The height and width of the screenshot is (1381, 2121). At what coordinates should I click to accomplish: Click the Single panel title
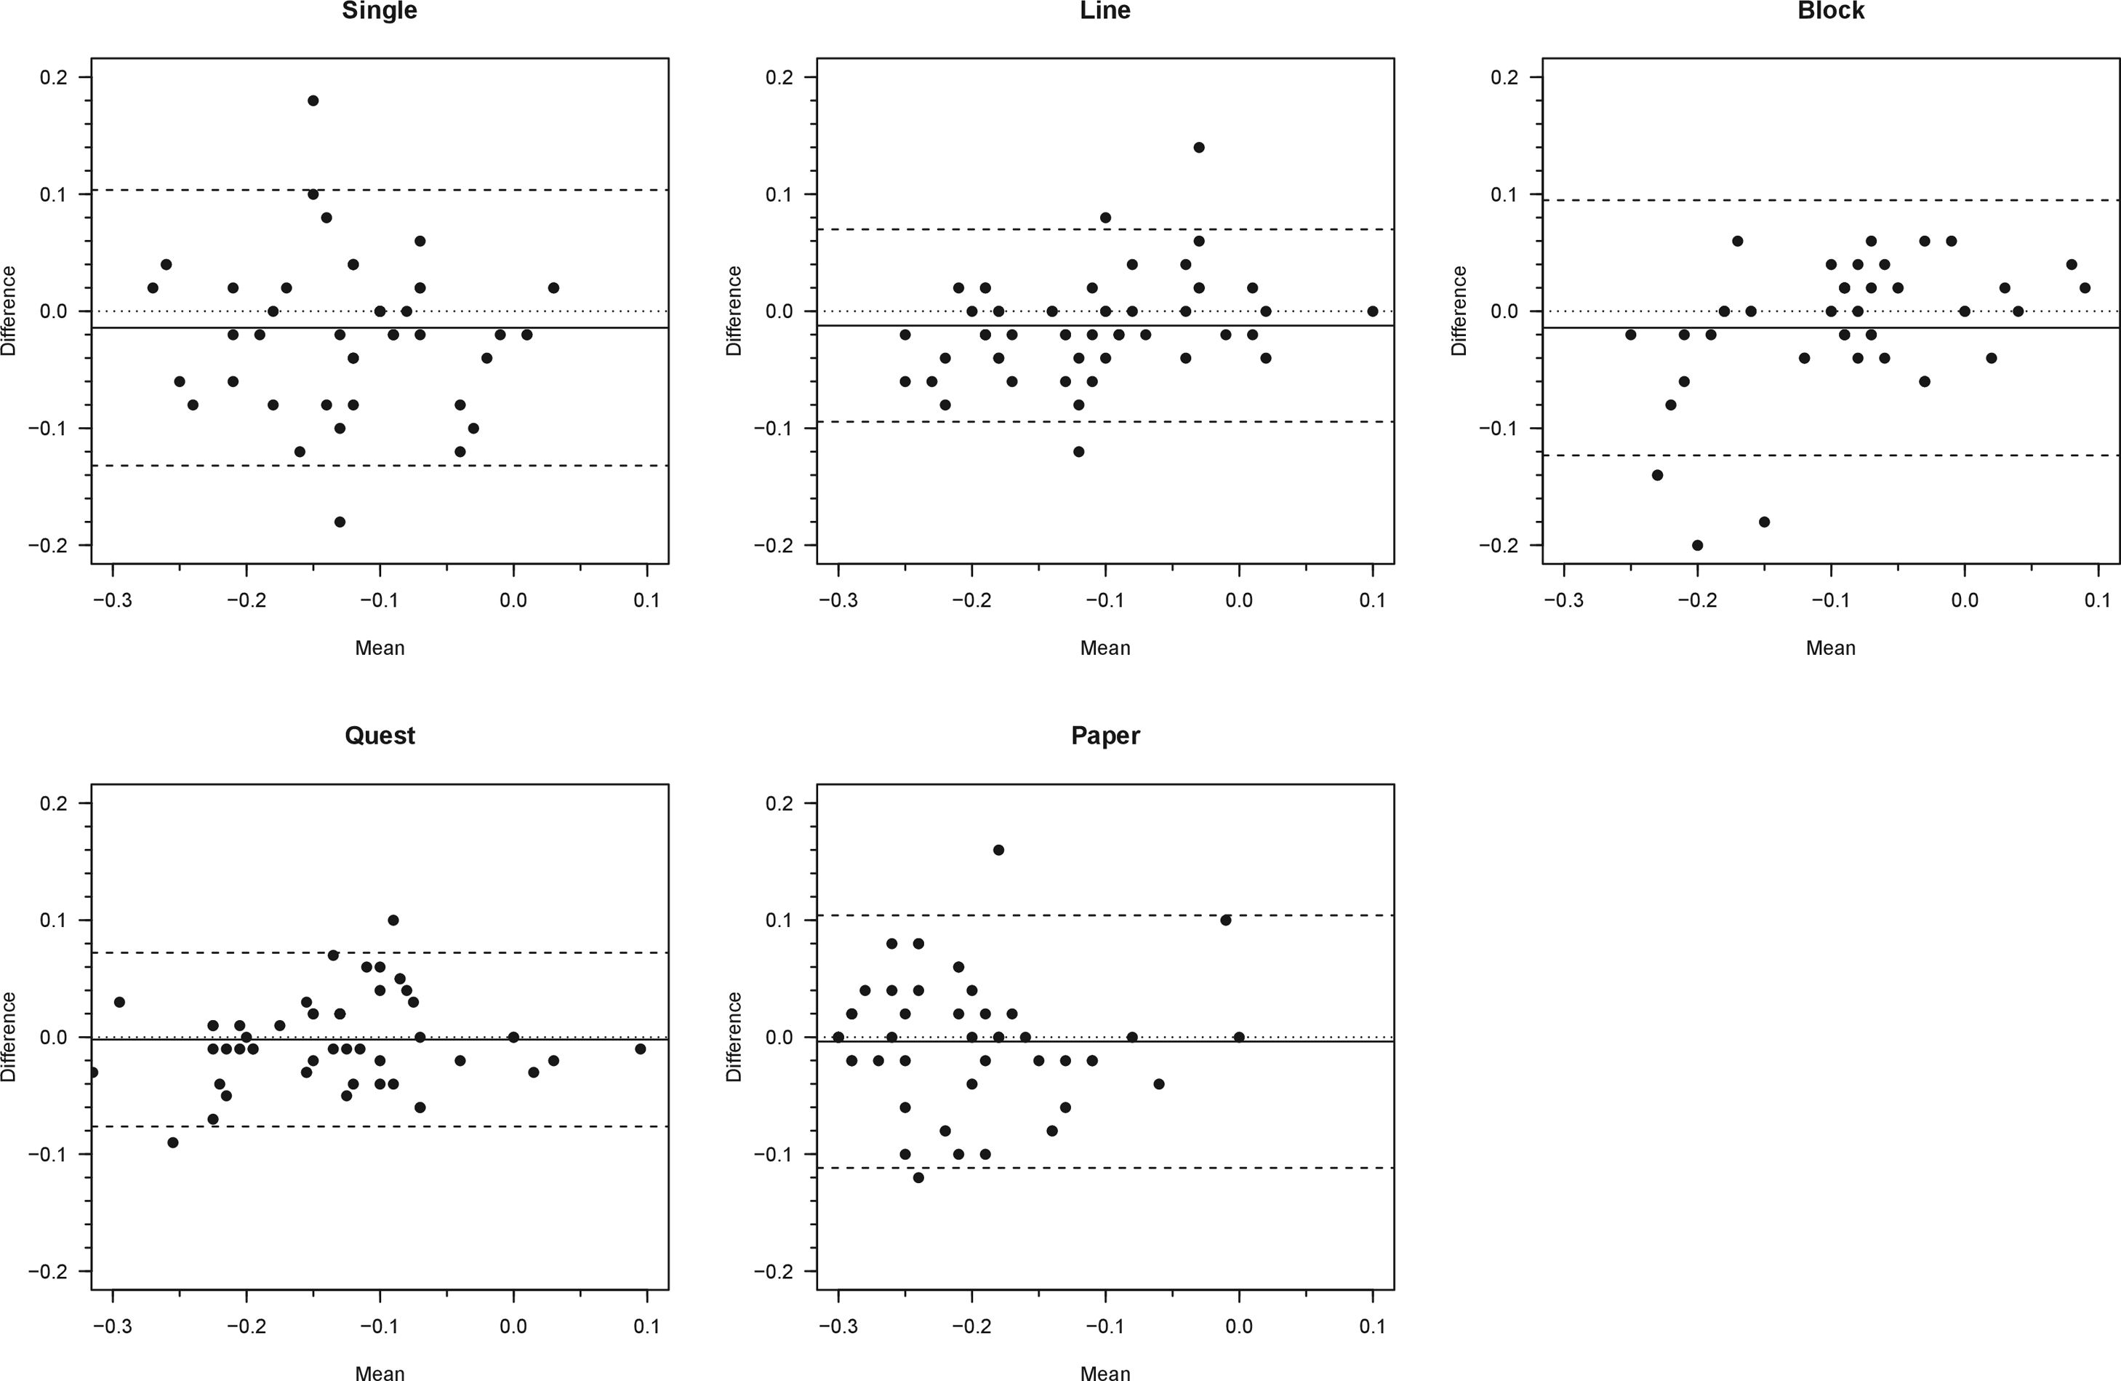coord(380,11)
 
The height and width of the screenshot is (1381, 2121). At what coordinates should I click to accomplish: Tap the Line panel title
coord(1105,11)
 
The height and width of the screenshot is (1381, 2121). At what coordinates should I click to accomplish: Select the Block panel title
coord(1830,11)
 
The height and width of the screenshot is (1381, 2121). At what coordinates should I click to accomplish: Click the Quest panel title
coord(380,736)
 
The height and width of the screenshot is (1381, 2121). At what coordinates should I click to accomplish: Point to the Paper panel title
coord(1105,736)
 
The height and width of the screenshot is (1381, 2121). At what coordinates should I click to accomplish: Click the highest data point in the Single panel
coord(313,100)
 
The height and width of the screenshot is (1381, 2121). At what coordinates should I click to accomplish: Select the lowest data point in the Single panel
coord(340,522)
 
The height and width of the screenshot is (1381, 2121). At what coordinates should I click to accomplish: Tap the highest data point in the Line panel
coord(1198,147)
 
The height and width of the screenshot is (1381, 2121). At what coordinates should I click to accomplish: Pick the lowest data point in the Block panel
coord(1698,545)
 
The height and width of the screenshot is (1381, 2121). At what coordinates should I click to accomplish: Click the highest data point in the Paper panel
coord(998,850)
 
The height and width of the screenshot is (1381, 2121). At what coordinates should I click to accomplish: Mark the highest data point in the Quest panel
coord(393,920)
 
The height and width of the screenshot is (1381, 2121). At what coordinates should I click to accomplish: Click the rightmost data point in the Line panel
coord(1372,311)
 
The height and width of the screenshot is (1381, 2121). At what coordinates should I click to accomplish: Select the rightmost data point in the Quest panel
coord(640,1048)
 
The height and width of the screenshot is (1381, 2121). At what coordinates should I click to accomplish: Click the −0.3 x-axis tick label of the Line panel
coord(837,601)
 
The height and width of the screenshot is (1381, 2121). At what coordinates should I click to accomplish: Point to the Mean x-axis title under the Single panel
coord(380,648)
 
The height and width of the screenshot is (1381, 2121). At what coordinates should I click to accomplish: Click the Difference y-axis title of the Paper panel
coord(734,1037)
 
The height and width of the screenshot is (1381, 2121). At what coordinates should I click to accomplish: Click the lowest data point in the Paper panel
coord(918,1177)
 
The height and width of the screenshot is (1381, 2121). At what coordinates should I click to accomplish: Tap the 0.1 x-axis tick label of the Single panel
coord(647,601)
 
